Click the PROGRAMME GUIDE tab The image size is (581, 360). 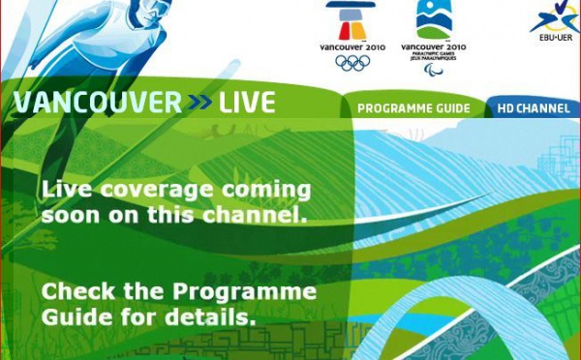[x=413, y=108]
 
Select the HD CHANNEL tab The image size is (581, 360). [x=533, y=108]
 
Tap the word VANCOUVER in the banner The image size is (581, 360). [x=97, y=103]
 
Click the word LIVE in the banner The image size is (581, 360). [x=247, y=103]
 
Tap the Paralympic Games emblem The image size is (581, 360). [x=433, y=19]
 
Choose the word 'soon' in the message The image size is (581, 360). [x=71, y=215]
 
